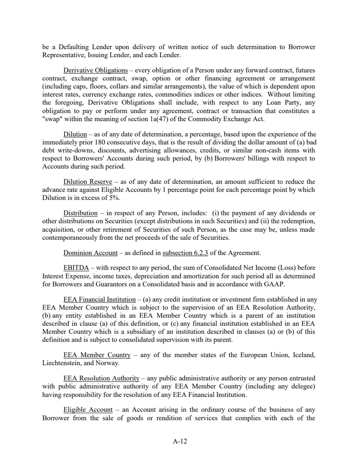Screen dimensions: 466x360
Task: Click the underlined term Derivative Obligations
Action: coord(95,70)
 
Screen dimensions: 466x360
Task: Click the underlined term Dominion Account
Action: coord(90,253)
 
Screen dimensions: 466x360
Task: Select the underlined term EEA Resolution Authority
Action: coord(101,378)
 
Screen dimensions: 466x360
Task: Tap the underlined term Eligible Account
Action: coord(88,410)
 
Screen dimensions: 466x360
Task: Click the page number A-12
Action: coord(180,441)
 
